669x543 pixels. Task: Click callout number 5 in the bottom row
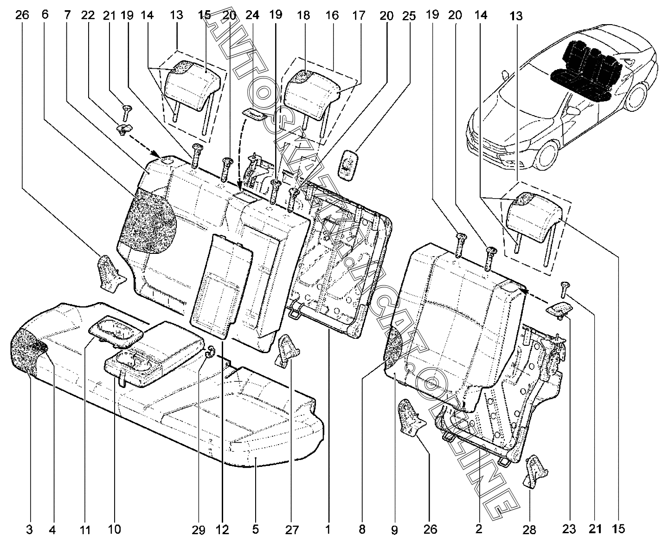pos(256,529)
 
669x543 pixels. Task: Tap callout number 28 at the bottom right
pos(530,529)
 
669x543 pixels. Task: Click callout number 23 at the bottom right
pos(569,529)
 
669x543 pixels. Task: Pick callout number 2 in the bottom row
pos(479,529)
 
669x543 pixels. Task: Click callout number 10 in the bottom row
pos(114,529)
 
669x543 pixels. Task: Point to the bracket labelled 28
pos(535,471)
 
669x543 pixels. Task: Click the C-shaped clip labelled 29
pos(209,352)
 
